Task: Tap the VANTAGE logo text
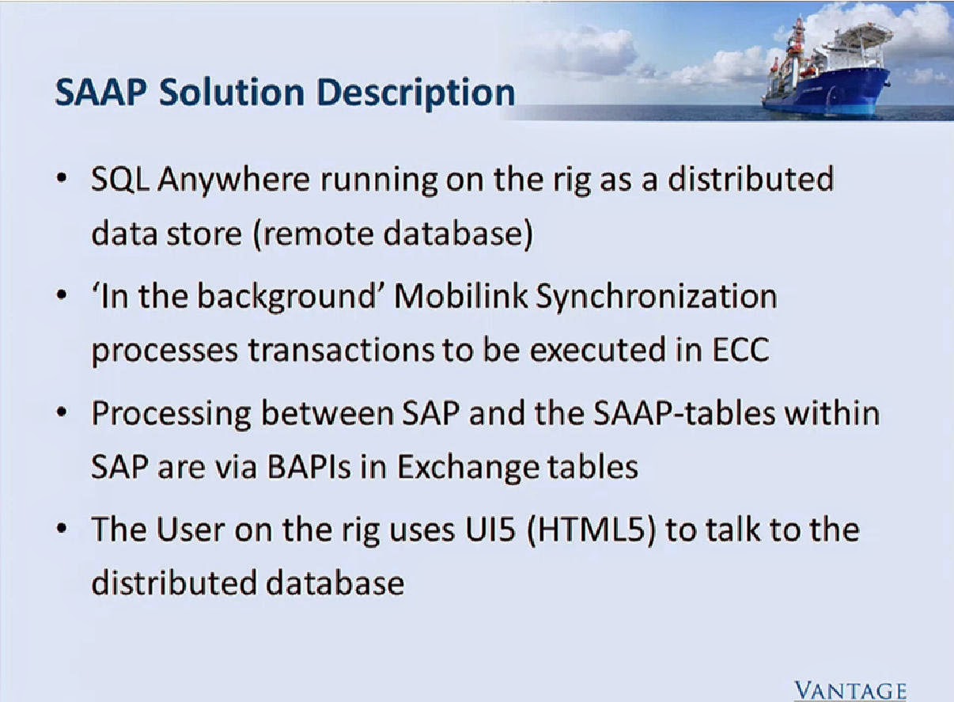pyautogui.click(x=850, y=689)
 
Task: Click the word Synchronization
pyautogui.click(x=657, y=297)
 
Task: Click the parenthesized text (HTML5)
pyautogui.click(x=586, y=528)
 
